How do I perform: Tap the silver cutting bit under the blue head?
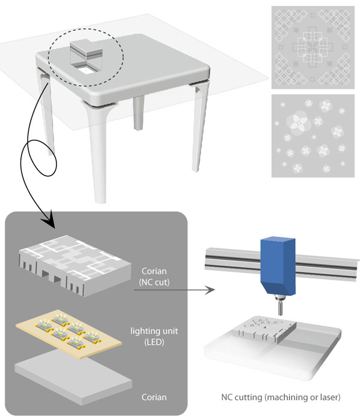(281, 307)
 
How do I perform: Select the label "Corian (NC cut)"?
(154, 277)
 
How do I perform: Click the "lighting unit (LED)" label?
(154, 337)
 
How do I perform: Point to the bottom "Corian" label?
(154, 397)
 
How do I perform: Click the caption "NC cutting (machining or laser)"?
(281, 397)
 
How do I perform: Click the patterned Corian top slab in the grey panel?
(75, 265)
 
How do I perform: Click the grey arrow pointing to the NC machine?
(174, 290)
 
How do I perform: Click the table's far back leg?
(138, 113)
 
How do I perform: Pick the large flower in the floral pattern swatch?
(299, 124)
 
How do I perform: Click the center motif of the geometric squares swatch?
(313, 47)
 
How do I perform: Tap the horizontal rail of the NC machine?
(281, 264)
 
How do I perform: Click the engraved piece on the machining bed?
(265, 330)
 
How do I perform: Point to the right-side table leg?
(200, 126)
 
